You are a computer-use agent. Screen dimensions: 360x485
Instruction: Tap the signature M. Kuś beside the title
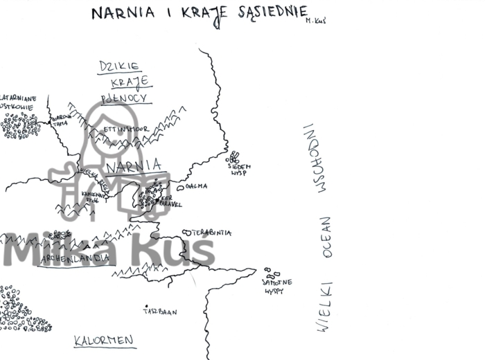315,21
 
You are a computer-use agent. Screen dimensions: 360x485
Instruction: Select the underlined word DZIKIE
120,66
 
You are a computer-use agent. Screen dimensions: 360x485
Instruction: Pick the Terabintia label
211,233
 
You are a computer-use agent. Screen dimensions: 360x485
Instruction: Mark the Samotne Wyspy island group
270,272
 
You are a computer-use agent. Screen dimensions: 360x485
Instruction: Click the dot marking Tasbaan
145,305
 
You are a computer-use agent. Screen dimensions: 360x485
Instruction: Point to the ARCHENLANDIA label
76,258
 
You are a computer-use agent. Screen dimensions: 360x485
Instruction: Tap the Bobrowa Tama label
61,120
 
